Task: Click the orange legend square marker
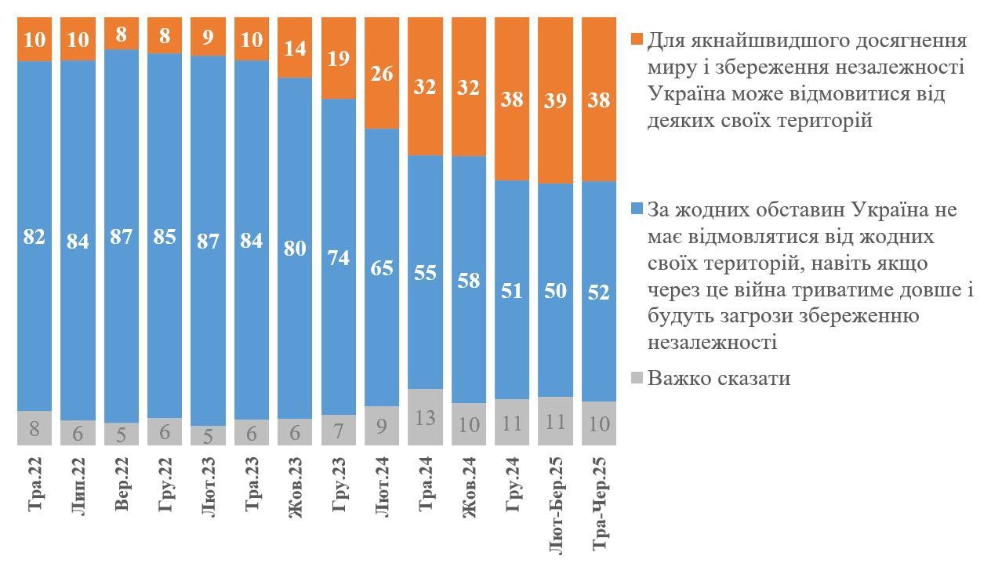click(637, 38)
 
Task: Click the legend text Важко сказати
click(719, 378)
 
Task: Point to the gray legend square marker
click(637, 378)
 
